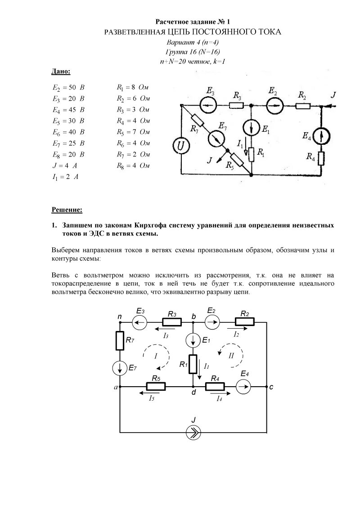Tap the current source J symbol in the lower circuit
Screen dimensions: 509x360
(x=193, y=433)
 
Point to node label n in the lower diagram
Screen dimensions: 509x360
(x=120, y=317)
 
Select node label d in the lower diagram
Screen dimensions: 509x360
(x=193, y=393)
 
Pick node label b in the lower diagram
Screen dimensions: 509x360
(x=193, y=317)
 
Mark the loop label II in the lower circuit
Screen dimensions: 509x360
(x=231, y=355)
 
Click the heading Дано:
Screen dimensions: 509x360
(x=61, y=71)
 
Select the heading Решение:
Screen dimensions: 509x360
(x=67, y=210)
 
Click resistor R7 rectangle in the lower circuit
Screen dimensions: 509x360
(x=120, y=341)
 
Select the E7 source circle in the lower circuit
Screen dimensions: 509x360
(x=120, y=368)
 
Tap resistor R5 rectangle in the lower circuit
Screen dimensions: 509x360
(x=156, y=386)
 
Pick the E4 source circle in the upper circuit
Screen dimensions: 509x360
(x=321, y=135)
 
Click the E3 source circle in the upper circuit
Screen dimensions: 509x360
(x=208, y=105)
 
